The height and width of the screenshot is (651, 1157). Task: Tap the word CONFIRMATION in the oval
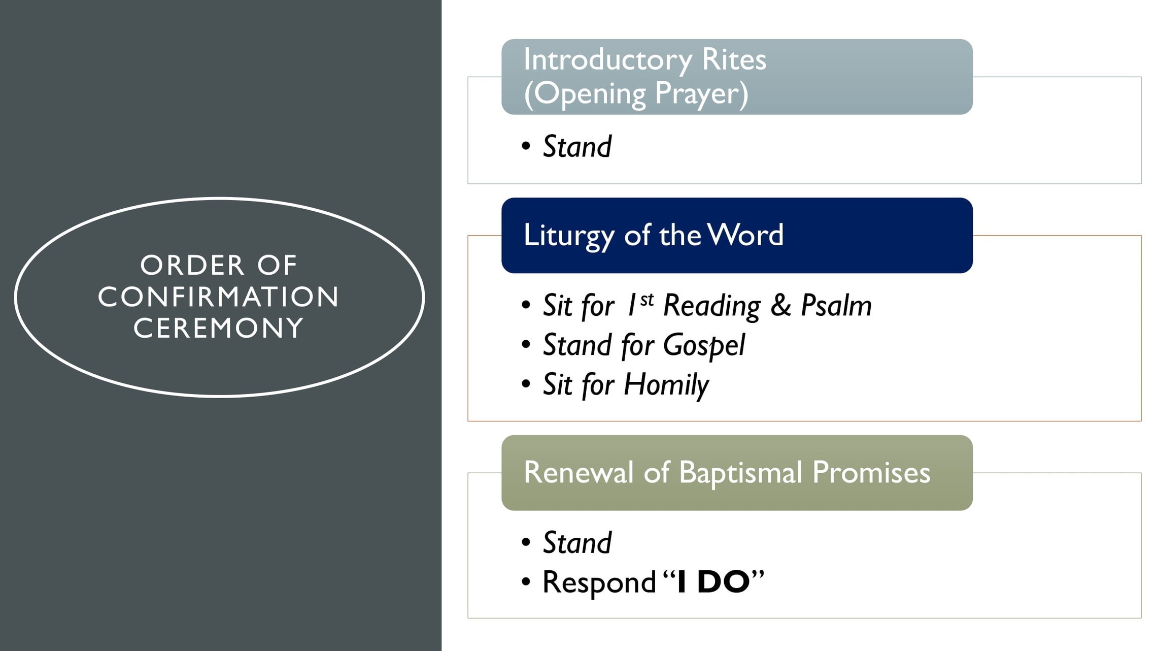(219, 297)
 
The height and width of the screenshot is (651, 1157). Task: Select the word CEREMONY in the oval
(219, 328)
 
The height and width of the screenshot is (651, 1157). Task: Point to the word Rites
(734, 59)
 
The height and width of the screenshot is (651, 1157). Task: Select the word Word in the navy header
(745, 235)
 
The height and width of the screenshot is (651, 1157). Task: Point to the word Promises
(871, 472)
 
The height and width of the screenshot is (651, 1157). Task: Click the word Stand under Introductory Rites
(577, 147)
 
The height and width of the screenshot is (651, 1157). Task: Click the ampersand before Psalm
(780, 306)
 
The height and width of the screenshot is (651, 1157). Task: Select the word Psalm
(836, 306)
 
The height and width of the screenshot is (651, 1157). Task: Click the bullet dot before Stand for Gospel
(526, 345)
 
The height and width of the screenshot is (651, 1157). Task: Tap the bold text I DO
(713, 582)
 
